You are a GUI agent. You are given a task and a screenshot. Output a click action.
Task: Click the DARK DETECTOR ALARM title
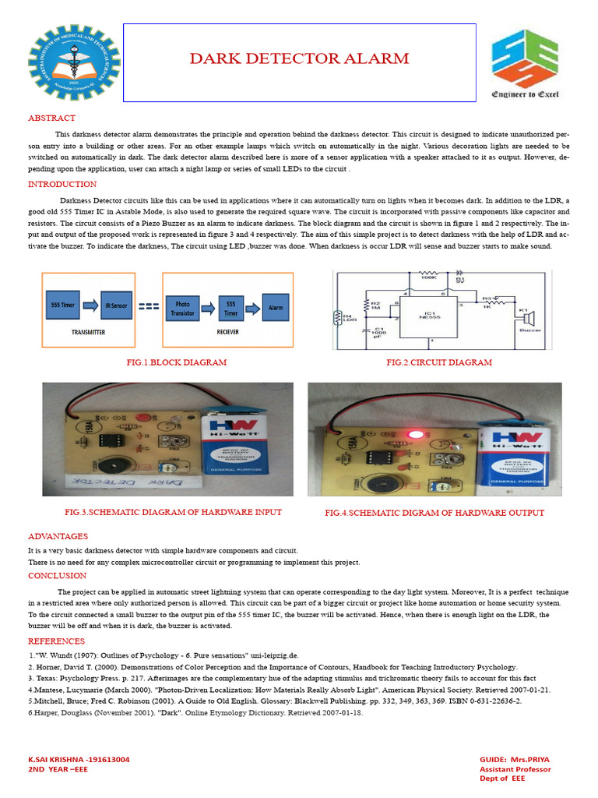(300, 59)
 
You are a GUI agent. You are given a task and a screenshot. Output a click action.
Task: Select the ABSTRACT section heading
(51, 118)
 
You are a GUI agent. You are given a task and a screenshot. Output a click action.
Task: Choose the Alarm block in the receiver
(276, 307)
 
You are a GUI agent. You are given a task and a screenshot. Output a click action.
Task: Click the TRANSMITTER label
(87, 331)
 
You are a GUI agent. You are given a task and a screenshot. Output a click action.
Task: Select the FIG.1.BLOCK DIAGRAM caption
(176, 362)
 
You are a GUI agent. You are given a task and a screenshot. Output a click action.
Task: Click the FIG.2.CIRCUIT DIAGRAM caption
(439, 362)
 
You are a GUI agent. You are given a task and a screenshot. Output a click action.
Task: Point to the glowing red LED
(415, 433)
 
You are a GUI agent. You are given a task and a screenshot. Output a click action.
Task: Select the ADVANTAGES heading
(58, 537)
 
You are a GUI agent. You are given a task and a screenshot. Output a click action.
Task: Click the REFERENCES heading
(56, 641)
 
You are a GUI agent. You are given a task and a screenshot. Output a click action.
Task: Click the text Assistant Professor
(515, 769)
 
